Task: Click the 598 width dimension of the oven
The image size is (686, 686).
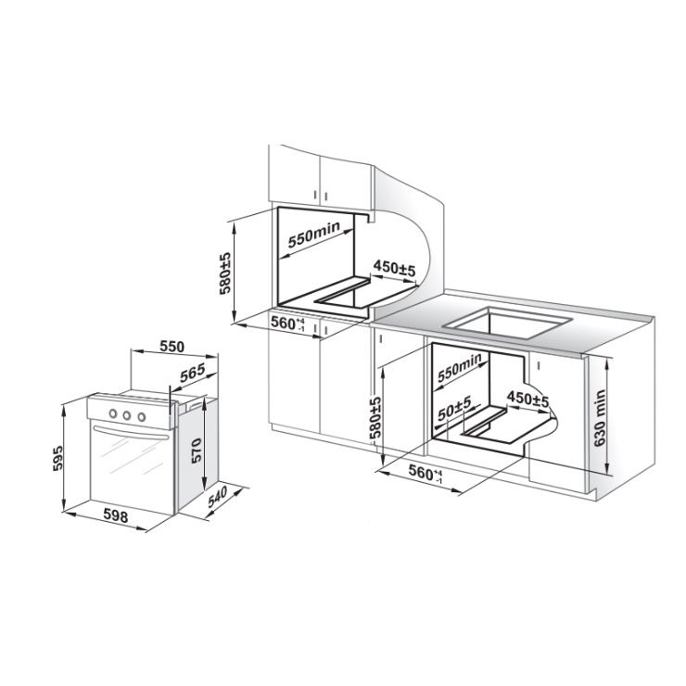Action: click(116, 516)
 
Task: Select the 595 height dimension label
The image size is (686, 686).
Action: click(57, 458)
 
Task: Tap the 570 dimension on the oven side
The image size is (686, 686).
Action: click(196, 451)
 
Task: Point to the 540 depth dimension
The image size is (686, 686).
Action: click(218, 497)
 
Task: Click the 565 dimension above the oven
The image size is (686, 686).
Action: click(193, 373)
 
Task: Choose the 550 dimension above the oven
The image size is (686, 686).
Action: click(171, 347)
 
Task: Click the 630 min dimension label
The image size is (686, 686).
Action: click(600, 418)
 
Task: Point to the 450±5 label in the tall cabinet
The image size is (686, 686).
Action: click(394, 268)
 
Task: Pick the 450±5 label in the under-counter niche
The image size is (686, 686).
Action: click(527, 400)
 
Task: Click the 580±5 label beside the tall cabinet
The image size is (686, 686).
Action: click(225, 273)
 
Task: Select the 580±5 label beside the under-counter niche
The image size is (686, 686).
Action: click(375, 417)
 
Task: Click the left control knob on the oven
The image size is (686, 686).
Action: click(113, 413)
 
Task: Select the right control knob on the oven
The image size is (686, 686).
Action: click(141, 417)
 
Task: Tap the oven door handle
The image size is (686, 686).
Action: click(131, 432)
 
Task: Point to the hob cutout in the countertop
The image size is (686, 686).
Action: click(508, 322)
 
